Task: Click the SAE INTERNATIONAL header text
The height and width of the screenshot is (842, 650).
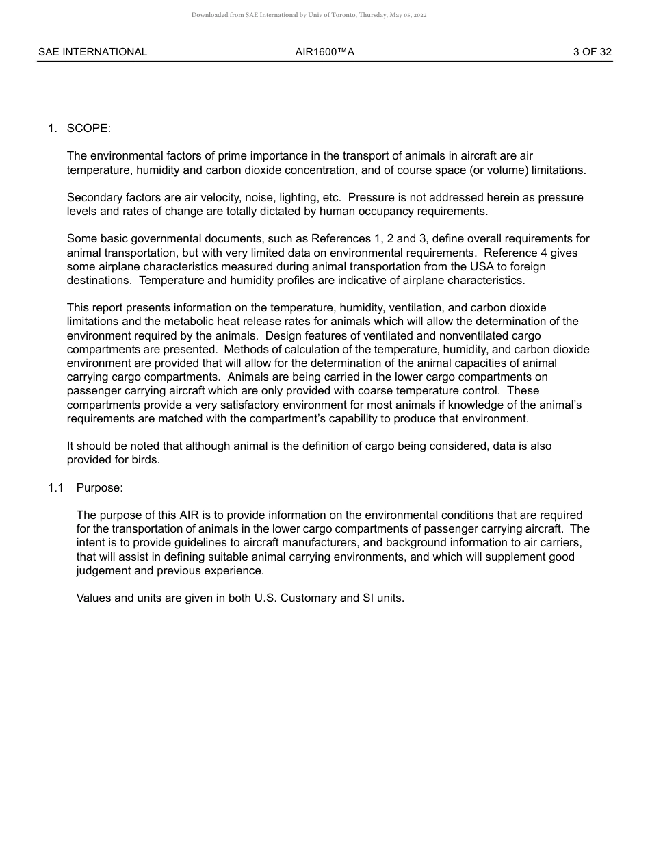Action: [92, 52]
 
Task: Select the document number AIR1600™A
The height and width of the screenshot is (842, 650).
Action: [325, 52]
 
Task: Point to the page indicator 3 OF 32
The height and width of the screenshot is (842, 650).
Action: [593, 52]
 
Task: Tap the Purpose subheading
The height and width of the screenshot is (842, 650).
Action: [99, 488]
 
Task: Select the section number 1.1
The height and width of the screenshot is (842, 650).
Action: [56, 488]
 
